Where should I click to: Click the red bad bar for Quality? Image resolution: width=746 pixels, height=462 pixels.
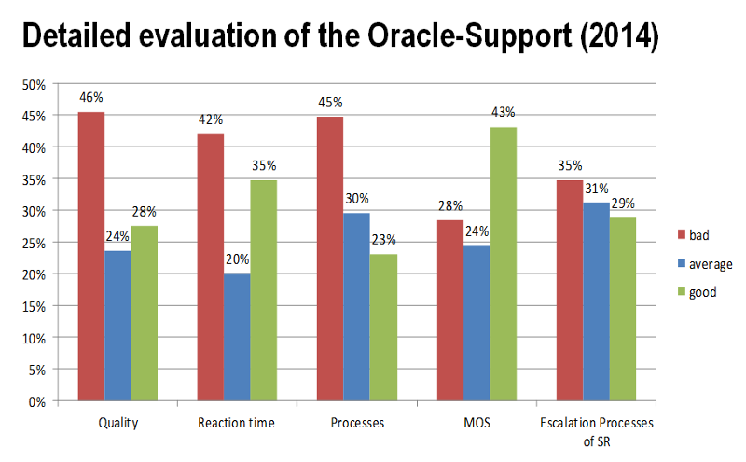(x=91, y=257)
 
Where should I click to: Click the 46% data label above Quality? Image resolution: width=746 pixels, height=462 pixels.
(x=91, y=97)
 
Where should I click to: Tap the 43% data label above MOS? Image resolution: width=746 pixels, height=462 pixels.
(x=504, y=113)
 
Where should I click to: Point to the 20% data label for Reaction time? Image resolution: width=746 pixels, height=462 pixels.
(x=237, y=260)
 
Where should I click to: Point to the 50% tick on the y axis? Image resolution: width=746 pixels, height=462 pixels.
(x=35, y=84)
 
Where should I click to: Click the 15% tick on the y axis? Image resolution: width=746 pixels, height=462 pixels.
(x=35, y=306)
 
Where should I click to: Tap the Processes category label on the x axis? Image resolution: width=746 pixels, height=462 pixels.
(x=357, y=424)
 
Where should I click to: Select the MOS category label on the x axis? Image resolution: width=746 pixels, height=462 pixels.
(x=477, y=424)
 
